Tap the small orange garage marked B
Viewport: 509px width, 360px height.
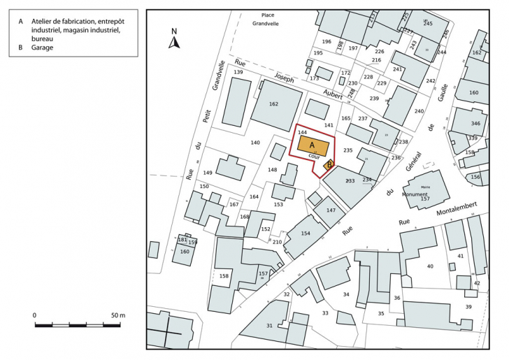coord(328,166)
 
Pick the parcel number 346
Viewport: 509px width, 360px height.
coord(475,124)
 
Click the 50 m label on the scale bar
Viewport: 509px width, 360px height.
coord(117,315)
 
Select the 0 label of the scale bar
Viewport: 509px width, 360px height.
coord(35,315)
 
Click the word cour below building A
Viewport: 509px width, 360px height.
coord(315,157)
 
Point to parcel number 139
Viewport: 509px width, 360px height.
coord(238,73)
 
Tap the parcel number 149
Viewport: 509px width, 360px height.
coord(208,173)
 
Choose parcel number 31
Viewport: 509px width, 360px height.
coord(269,326)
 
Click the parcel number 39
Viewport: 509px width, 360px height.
coord(468,308)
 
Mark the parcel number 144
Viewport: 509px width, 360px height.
coord(302,132)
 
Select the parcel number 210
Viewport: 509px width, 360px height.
coord(277,242)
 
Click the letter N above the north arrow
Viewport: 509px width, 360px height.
coord(175,31)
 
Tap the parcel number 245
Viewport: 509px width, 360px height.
coord(428,24)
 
